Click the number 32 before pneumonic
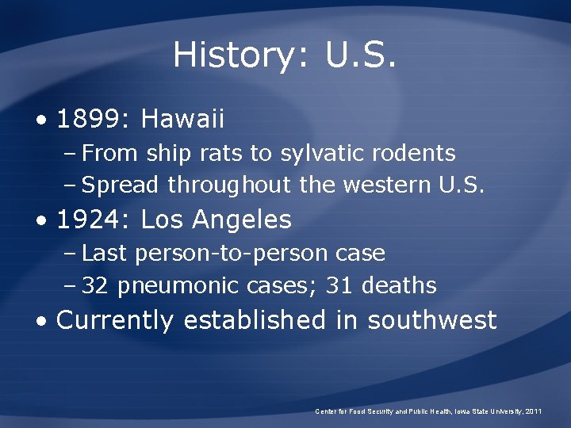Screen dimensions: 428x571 pyautogui.click(x=95, y=285)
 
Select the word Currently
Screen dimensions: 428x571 pyautogui.click(x=115, y=321)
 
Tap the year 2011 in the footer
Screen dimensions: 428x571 pyautogui.click(x=531, y=411)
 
